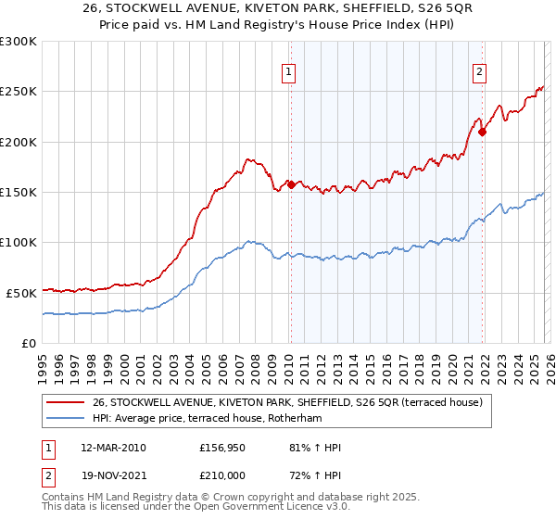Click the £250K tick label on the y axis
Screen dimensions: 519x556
19,92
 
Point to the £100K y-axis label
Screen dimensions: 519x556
19,243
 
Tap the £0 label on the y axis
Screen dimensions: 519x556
30,343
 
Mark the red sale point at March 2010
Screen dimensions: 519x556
291,184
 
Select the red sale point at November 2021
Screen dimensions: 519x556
483,132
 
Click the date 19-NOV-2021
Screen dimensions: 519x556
113,474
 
